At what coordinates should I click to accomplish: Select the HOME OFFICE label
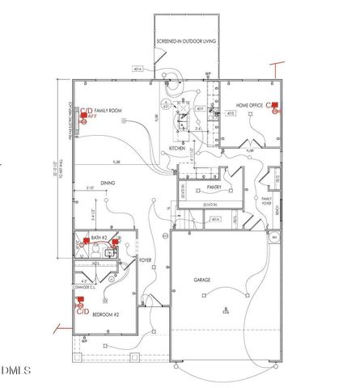[250, 106]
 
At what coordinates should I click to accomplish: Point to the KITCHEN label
[176, 149]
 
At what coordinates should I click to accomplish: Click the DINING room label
[107, 183]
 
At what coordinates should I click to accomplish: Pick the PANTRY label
[214, 188]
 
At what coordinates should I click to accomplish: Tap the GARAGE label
[202, 280]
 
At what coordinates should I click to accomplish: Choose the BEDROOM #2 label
[105, 315]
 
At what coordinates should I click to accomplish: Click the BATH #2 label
[100, 238]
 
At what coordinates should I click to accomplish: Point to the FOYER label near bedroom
[146, 260]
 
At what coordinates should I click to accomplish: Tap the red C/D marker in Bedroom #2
[80, 306]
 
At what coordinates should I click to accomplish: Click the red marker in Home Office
[273, 106]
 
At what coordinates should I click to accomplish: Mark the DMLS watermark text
[15, 371]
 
